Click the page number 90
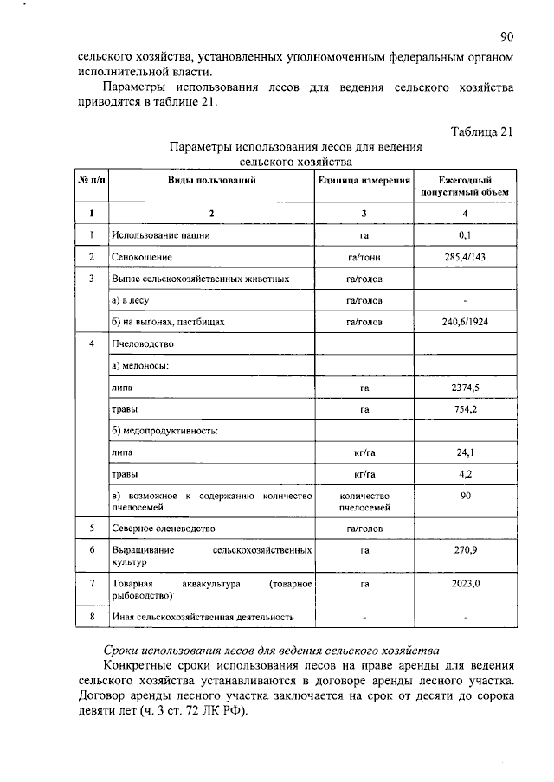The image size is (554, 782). point(507,36)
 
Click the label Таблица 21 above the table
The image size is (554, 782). point(483,131)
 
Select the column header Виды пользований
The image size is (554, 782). point(210,179)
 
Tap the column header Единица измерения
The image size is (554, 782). point(364,179)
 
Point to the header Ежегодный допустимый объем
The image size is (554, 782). point(466,185)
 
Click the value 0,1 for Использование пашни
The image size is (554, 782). point(466,234)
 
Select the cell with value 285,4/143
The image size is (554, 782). point(466,257)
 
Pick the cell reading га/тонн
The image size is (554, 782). point(364,257)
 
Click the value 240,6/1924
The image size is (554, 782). point(466,322)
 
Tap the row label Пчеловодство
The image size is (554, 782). point(143,344)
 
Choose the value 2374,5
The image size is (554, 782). point(466,388)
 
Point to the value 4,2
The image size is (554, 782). point(466,474)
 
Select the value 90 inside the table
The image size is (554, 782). point(466,497)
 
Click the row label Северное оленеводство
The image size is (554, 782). point(164,528)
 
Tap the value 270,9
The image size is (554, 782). point(466,550)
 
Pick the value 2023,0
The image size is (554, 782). point(466,585)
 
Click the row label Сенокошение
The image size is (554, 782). point(142,257)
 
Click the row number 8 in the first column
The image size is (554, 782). point(92,617)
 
